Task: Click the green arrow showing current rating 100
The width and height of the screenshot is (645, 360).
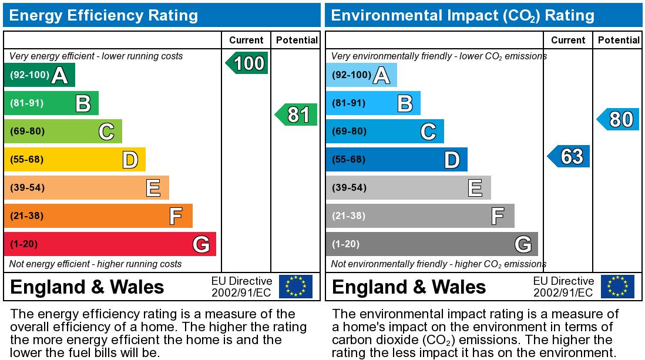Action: (247, 63)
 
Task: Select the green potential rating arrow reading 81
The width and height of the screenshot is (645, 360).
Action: (296, 115)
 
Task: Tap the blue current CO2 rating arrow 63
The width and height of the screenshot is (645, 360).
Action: (569, 156)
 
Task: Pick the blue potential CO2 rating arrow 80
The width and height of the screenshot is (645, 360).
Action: (618, 119)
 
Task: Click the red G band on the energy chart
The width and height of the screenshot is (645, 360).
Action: (110, 244)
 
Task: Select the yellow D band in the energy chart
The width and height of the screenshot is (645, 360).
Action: (75, 159)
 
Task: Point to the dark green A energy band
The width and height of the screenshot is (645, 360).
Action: (39, 75)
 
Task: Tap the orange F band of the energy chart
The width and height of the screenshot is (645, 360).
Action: (98, 216)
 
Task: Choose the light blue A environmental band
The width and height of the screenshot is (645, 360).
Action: (361, 75)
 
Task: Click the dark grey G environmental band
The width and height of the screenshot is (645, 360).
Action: (432, 244)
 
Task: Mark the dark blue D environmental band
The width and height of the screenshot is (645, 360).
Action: (397, 159)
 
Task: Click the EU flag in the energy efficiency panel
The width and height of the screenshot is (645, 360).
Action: (295, 287)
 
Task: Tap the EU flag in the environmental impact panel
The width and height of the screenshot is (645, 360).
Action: (617, 287)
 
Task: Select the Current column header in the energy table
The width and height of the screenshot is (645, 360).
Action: (246, 40)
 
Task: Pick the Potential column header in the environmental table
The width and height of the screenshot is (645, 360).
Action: (619, 40)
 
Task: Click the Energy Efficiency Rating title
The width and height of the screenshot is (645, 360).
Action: (103, 15)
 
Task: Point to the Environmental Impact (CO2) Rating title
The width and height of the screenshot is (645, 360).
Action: (463, 16)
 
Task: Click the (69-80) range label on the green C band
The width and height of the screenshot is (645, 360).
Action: (27, 131)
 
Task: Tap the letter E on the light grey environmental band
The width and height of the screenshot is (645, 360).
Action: (475, 188)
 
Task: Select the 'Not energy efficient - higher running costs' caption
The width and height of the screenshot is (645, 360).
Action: (95, 264)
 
